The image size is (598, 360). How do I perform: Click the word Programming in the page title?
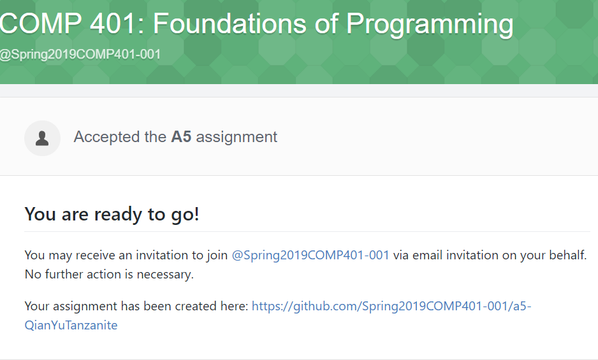[430, 24]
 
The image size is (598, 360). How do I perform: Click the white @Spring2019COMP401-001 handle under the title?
[80, 54]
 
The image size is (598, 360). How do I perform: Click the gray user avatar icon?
[42, 138]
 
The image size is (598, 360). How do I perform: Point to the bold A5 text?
[181, 137]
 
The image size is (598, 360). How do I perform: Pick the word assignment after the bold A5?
[237, 137]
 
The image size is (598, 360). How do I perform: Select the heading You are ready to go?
[112, 214]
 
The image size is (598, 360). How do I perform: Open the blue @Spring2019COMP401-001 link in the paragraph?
[310, 255]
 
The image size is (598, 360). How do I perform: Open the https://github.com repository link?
[391, 306]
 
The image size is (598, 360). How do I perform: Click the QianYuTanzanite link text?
[71, 325]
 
